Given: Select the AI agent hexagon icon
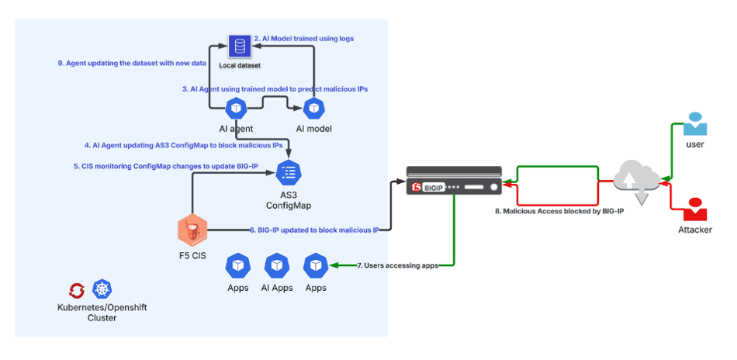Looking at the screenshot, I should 236,107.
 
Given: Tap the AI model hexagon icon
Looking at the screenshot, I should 313,107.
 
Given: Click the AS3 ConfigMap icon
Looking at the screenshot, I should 288,172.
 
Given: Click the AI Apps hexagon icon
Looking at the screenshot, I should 277,265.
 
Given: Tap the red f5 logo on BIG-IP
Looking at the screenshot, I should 417,188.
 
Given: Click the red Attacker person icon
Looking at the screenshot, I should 694,209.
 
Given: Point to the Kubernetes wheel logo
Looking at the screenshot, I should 102,290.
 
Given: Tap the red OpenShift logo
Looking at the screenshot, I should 77,290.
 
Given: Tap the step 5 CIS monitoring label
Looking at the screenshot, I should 155,165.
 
